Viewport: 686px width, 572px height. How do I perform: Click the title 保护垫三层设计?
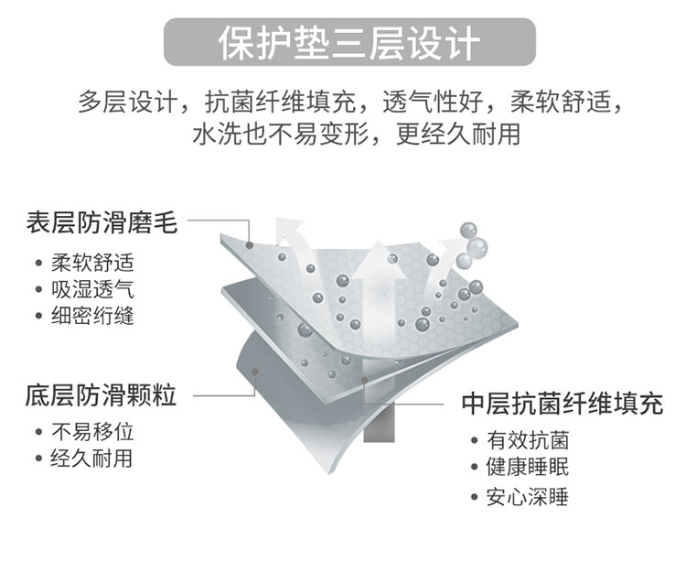click(x=348, y=43)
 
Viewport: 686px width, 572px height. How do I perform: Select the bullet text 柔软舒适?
click(x=92, y=264)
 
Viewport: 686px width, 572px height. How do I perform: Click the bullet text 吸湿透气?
click(x=92, y=290)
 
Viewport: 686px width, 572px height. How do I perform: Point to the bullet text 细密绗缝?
click(x=92, y=317)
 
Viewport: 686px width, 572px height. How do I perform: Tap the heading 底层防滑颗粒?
click(x=101, y=396)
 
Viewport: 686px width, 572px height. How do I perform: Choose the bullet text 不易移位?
click(x=92, y=432)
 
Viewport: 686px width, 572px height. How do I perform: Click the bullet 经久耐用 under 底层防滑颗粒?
click(x=92, y=458)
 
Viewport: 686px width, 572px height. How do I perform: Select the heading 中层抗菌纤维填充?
click(x=562, y=404)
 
